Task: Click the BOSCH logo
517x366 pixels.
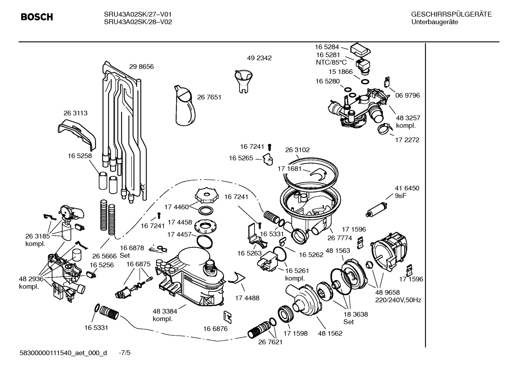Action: (37, 17)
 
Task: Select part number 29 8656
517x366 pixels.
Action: (141, 67)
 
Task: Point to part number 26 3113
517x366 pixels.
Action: (75, 113)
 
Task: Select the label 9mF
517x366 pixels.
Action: (400, 196)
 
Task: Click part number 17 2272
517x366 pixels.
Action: (407, 140)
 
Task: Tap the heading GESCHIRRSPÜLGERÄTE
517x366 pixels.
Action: (451, 15)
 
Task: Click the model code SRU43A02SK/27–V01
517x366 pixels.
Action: (137, 15)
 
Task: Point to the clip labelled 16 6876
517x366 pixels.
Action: (227, 316)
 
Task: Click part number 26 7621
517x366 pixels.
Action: (270, 342)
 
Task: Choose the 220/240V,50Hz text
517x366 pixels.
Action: (398, 300)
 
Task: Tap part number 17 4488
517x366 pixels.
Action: (247, 298)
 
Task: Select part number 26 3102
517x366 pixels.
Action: (297, 150)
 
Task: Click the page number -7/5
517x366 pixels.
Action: (124, 353)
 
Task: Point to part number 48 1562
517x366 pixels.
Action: (330, 333)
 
